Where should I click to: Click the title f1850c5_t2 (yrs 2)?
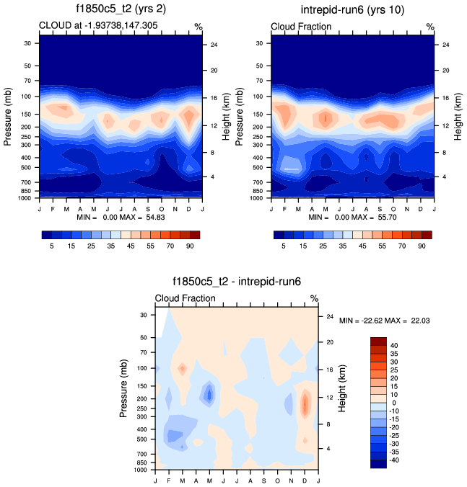tap(120, 10)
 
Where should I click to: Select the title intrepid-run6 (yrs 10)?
tap(353, 10)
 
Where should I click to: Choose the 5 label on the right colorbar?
tap(284, 246)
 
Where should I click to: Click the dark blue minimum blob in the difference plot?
tap(209, 395)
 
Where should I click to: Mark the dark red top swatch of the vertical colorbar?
tap(379, 340)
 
